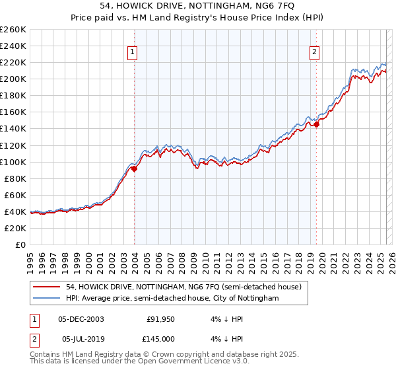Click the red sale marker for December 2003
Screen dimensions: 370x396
point(134,168)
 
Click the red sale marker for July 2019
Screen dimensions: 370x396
point(316,124)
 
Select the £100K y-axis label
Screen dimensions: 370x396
point(13,162)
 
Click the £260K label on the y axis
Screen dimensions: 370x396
point(13,29)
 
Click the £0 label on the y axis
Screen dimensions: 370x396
point(20,244)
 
